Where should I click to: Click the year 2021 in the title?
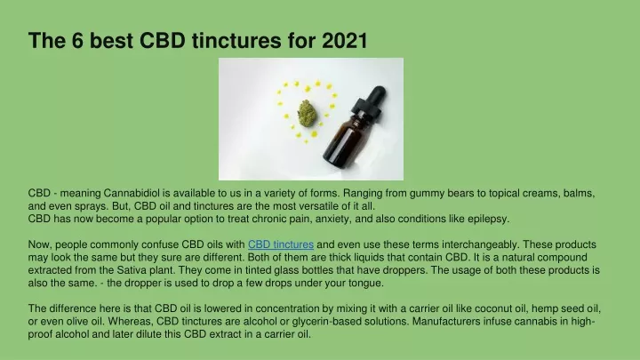click(345, 40)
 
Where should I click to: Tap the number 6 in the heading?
click(78, 40)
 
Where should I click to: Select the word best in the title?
click(111, 40)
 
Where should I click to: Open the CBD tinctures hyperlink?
click(281, 244)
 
